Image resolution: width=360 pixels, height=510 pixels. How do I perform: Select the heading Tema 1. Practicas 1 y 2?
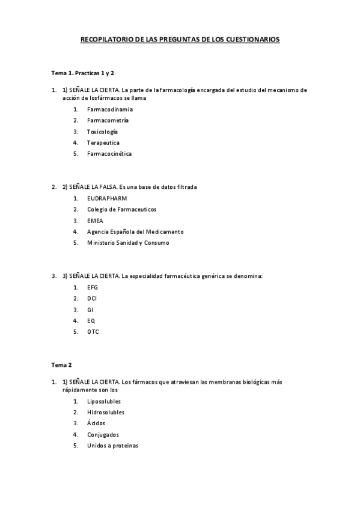[82, 73]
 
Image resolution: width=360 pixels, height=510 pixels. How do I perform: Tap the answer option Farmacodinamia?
[110, 109]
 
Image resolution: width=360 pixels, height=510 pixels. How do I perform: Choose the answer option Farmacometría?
[108, 120]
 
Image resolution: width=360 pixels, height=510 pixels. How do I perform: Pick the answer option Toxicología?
[102, 131]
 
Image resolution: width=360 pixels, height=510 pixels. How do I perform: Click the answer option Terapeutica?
[103, 143]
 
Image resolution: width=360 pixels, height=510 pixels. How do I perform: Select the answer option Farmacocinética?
[109, 153]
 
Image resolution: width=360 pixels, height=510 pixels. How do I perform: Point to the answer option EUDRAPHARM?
[107, 198]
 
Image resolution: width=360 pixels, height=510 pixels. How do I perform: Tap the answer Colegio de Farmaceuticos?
[121, 209]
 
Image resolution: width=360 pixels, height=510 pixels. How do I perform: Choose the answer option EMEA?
[95, 220]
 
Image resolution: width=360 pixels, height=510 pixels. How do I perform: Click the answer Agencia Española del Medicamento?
[135, 232]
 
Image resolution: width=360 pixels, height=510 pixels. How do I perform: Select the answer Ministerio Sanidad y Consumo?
[128, 242]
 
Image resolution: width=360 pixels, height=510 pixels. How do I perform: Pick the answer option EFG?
[93, 287]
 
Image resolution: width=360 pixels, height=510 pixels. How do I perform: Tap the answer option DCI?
[92, 298]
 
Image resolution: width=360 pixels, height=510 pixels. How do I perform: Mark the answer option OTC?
[93, 331]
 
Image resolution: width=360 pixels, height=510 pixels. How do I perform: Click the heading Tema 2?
[61, 364]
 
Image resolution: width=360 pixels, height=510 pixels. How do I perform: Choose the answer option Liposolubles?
[104, 401]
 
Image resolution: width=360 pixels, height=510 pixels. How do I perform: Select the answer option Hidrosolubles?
[106, 412]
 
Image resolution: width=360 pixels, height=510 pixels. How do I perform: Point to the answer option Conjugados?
[103, 434]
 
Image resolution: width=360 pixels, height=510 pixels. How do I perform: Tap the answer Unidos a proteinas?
[112, 445]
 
